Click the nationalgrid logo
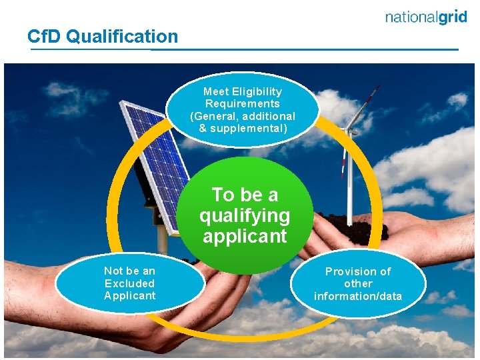tap(426, 18)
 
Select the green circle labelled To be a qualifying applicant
tap(245, 215)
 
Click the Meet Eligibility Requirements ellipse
tap(243, 109)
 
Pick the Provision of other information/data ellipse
tap(358, 284)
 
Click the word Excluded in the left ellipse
tap(129, 283)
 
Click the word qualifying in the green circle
tap(245, 215)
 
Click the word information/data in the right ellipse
tap(358, 296)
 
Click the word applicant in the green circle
tap(245, 236)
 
